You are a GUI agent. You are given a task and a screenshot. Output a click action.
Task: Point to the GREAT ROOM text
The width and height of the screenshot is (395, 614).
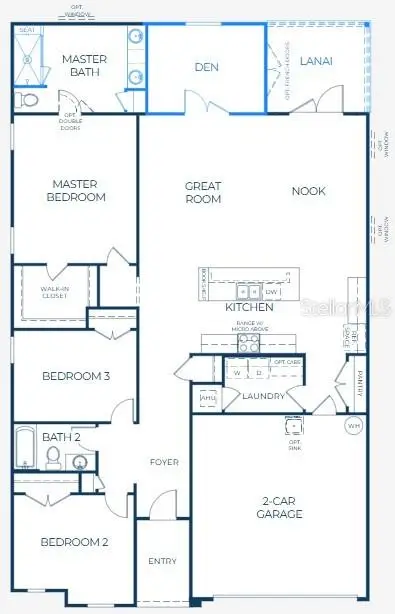pyautogui.click(x=203, y=192)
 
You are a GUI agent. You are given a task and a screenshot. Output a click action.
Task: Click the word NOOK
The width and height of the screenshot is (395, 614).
pyautogui.click(x=308, y=191)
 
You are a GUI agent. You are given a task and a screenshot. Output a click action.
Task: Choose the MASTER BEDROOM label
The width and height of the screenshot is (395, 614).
pyautogui.click(x=79, y=190)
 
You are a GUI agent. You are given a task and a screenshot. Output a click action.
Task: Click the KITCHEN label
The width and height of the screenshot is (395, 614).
pyautogui.click(x=248, y=308)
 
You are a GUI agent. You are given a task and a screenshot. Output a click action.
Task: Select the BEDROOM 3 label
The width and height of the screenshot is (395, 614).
pyautogui.click(x=75, y=376)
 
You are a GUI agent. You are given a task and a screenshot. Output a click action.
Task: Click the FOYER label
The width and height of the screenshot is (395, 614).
pyautogui.click(x=164, y=462)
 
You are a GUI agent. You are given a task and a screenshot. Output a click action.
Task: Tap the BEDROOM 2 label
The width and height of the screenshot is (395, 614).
pyautogui.click(x=74, y=542)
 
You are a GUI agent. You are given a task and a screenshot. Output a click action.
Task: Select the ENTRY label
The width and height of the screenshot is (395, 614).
pyautogui.click(x=162, y=561)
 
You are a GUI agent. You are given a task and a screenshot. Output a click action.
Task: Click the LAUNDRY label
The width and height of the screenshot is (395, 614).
pyautogui.click(x=264, y=396)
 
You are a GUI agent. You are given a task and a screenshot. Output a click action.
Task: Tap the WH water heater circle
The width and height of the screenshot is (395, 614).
pyautogui.click(x=352, y=426)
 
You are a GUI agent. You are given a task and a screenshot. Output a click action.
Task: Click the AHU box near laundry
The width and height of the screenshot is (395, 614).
pyautogui.click(x=208, y=398)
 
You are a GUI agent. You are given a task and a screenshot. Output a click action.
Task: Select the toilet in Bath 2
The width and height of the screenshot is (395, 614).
pyautogui.click(x=54, y=459)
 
